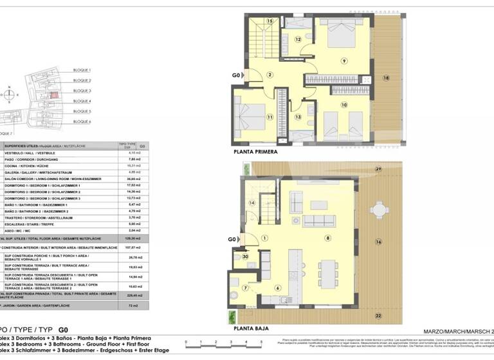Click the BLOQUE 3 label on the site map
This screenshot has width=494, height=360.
point(82,91)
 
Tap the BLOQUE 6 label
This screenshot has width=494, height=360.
point(82,122)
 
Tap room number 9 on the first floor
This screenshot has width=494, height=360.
point(344,61)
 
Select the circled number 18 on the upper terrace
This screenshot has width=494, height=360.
point(386,78)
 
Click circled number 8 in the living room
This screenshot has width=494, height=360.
point(327,239)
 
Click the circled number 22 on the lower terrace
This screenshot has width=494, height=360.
point(378,315)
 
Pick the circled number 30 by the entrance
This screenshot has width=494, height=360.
point(246,257)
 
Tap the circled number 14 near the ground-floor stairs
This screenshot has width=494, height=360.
point(253,203)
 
